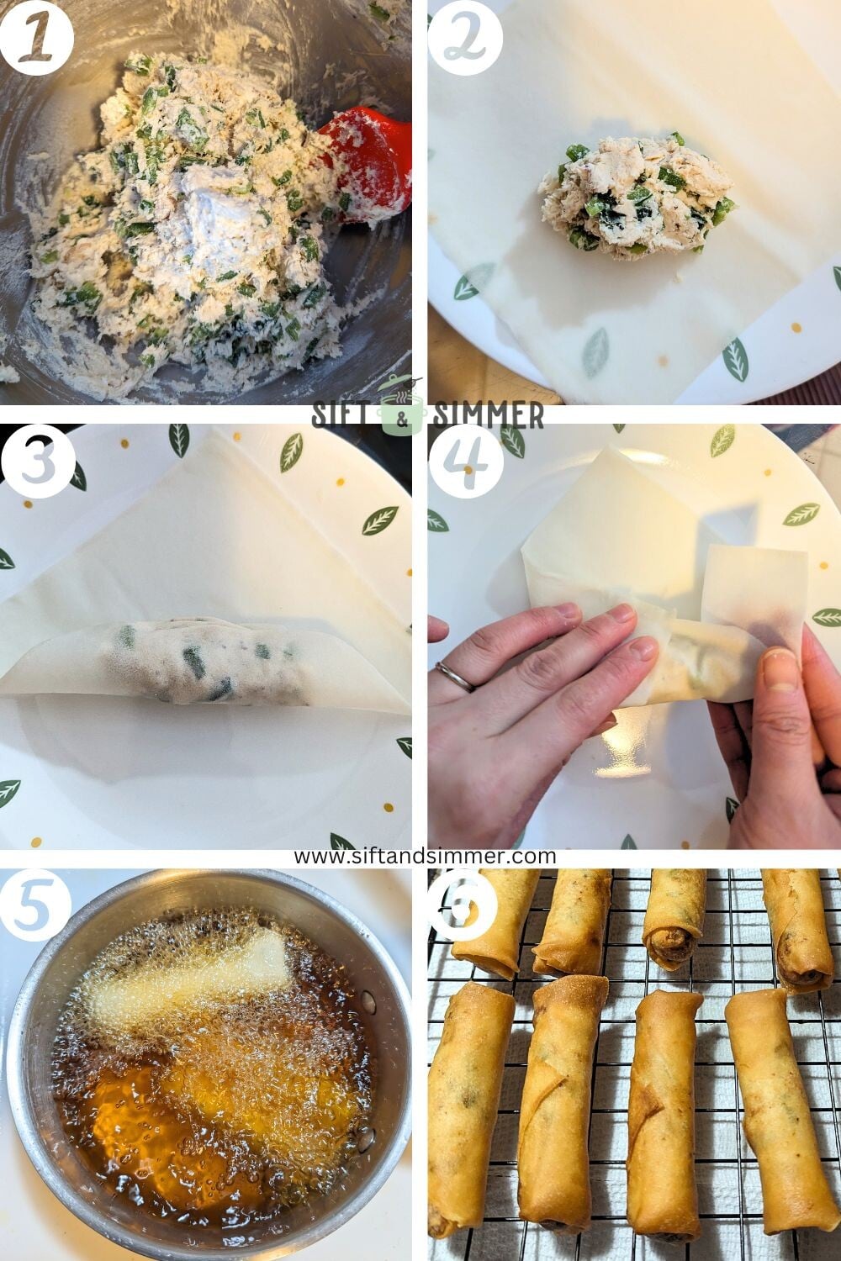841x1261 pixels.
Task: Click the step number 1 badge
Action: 36,37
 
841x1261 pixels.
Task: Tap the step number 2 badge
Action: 465,37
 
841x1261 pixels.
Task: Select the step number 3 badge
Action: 36,462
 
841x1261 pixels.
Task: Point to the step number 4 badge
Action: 465,462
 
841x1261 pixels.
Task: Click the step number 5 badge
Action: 36,907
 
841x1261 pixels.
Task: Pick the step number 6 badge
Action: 465,907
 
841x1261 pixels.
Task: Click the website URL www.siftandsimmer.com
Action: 425,857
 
